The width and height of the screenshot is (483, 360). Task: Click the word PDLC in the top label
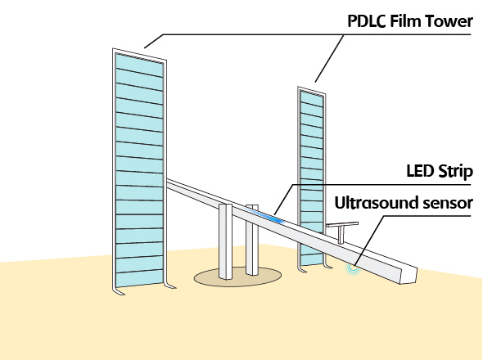point(367,21)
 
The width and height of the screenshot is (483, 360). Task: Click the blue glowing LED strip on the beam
point(265,214)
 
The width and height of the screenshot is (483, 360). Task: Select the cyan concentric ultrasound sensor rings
point(353,268)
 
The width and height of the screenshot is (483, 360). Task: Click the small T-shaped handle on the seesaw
point(342,232)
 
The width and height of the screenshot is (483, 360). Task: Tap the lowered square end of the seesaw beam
point(409,275)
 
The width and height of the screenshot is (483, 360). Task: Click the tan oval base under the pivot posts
point(237,277)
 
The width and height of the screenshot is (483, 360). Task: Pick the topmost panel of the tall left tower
point(139,65)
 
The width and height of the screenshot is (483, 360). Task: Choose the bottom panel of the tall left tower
point(139,279)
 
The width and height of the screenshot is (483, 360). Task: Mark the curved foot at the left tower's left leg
point(119,291)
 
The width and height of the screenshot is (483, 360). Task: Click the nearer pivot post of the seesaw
point(225,241)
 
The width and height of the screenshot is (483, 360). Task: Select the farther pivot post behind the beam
point(252,240)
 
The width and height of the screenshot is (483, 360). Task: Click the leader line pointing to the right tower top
point(329,58)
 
